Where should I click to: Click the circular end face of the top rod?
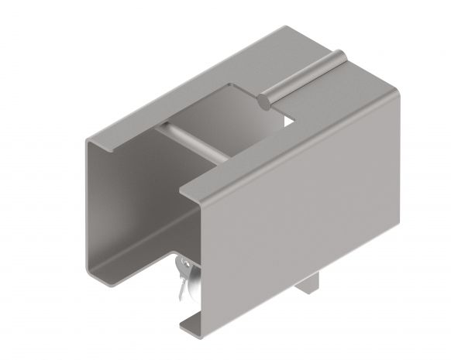pos(264,99)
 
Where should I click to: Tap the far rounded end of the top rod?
pos(339,56)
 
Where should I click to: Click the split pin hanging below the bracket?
pos(183,279)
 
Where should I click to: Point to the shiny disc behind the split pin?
pos(191,273)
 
